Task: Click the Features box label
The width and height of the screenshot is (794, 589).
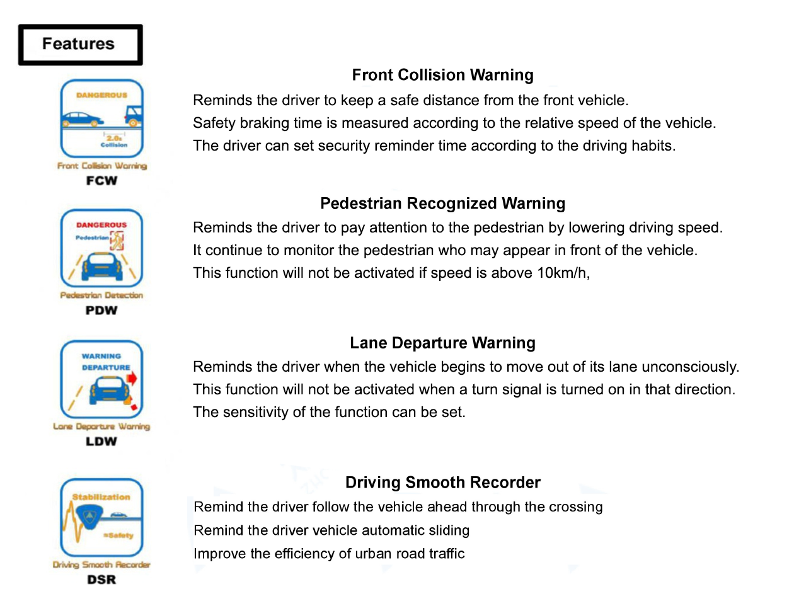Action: pyautogui.click(x=79, y=44)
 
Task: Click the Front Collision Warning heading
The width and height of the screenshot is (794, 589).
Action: pyautogui.click(x=442, y=75)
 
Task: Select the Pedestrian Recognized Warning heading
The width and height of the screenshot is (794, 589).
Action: pyautogui.click(x=442, y=203)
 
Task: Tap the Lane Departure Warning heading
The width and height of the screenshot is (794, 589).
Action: pyautogui.click(x=442, y=343)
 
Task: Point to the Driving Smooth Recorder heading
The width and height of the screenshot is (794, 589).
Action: pyautogui.click(x=442, y=483)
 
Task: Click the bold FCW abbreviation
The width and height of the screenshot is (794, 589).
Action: pyautogui.click(x=101, y=180)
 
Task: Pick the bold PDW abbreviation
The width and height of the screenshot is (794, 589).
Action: pyautogui.click(x=101, y=310)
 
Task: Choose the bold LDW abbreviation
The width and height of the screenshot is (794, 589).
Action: pyautogui.click(x=101, y=441)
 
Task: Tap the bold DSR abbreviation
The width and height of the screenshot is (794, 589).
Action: pyautogui.click(x=101, y=580)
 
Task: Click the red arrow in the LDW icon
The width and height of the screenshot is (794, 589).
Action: pyautogui.click(x=132, y=377)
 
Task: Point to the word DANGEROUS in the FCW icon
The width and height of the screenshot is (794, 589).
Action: pyautogui.click(x=101, y=95)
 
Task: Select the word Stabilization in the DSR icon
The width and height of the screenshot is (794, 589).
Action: pyautogui.click(x=101, y=496)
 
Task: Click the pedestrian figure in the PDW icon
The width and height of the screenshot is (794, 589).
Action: pyautogui.click(x=117, y=239)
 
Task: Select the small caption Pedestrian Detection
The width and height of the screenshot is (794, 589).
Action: pyautogui.click(x=101, y=295)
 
